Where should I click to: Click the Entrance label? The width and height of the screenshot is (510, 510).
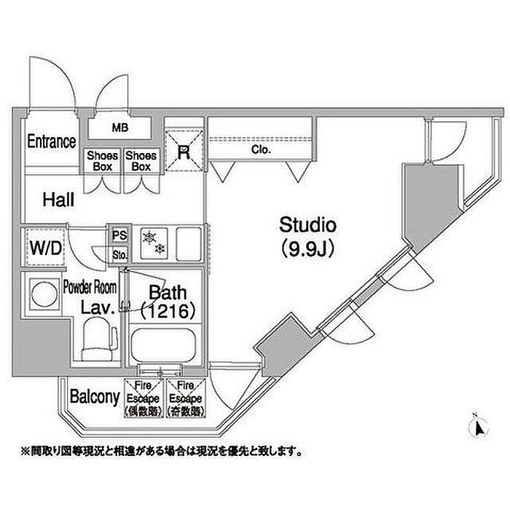coord(51,141)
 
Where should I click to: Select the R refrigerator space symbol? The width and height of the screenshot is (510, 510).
coord(184,152)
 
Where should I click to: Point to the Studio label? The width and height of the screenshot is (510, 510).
coord(307,224)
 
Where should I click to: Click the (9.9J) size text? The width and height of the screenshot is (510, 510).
coord(307,248)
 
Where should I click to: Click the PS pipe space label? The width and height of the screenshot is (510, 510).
coord(119,235)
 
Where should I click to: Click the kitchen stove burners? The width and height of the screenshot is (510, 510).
coord(155,243)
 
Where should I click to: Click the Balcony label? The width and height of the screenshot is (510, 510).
coord(95,397)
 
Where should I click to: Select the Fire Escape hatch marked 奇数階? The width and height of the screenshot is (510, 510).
coord(182,399)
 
